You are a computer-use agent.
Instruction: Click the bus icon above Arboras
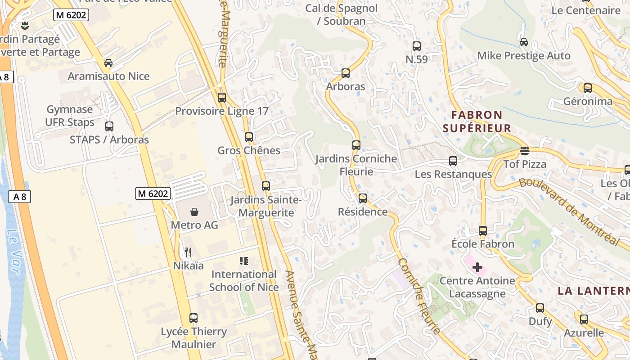tap(346, 73)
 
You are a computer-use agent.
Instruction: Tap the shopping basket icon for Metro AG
tap(194, 211)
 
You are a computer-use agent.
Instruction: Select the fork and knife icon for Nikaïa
tap(188, 252)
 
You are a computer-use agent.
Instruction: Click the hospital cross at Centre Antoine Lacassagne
tap(477, 267)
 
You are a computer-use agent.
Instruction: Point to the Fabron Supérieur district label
tap(477, 121)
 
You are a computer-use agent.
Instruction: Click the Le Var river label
tap(13, 251)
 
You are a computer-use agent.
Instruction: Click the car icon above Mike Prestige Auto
tap(523, 42)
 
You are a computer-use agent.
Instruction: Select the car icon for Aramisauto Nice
tap(108, 63)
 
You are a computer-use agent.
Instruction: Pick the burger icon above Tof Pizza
tap(524, 151)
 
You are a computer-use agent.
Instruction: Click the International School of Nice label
tap(243, 280)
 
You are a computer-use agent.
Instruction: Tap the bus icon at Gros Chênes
tap(249, 137)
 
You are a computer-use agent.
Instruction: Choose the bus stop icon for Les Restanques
tap(453, 161)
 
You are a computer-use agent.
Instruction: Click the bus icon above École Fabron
tap(483, 230)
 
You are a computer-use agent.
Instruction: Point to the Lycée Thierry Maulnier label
tap(194, 338)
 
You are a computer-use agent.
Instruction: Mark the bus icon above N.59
tap(417, 46)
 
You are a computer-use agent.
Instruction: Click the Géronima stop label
tap(588, 101)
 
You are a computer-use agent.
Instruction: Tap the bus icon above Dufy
tap(540, 308)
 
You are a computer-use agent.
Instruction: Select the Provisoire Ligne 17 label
tap(222, 111)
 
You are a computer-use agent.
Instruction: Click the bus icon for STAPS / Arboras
tap(109, 126)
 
